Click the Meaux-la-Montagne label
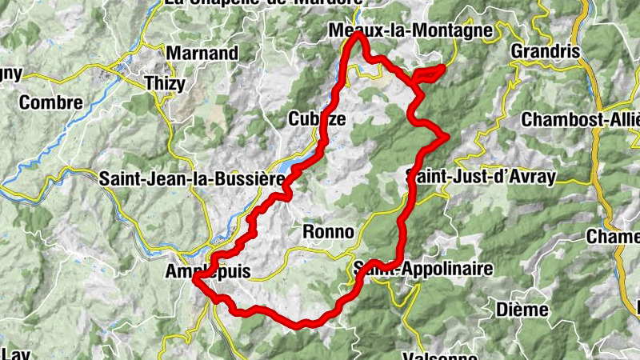click(x=410, y=30)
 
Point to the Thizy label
click(x=165, y=82)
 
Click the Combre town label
click(x=50, y=102)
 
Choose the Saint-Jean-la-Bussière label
click(x=191, y=179)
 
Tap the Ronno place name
click(x=328, y=232)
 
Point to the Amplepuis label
click(x=206, y=272)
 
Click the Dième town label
click(x=522, y=309)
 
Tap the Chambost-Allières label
click(x=581, y=119)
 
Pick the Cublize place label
click(x=317, y=119)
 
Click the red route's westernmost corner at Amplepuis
click(x=194, y=278)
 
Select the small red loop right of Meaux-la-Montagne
click(x=430, y=74)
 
